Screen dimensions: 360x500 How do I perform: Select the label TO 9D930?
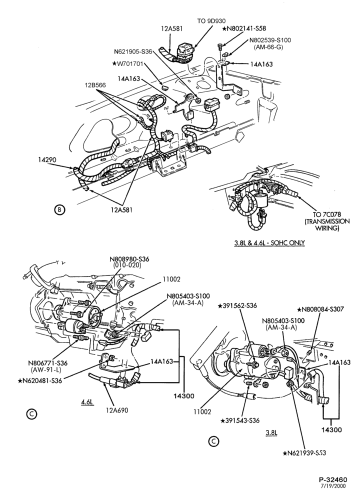coord(211,21)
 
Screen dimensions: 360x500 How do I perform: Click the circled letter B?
coord(59,209)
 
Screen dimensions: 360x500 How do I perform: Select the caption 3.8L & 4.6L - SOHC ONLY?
coord(269,243)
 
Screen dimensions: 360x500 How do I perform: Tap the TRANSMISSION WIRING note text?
coord(327,225)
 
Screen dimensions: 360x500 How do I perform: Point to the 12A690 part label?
coord(117,410)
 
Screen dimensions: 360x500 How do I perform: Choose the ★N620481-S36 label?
coord(40,380)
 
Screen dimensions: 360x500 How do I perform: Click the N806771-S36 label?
coord(48,363)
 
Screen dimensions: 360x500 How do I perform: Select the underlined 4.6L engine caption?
coord(86,402)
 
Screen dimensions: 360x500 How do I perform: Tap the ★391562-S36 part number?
coord(237,305)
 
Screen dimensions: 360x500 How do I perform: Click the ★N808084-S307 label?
coord(320,309)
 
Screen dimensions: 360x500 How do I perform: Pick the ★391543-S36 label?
coord(240,420)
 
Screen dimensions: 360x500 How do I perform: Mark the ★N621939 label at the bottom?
coord(304,453)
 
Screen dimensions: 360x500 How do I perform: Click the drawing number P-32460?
coord(333,479)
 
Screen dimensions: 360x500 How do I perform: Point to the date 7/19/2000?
coord(333,486)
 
